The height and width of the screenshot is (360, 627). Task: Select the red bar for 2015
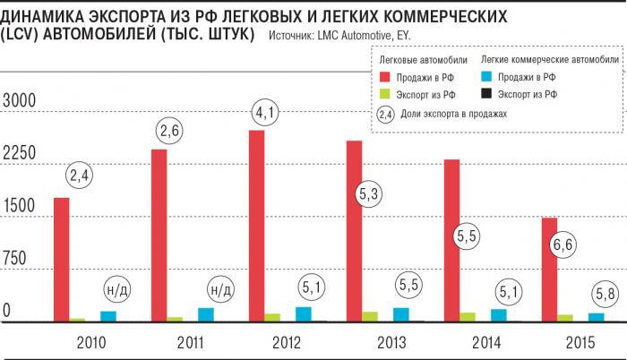tap(549, 270)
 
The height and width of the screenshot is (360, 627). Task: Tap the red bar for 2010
tap(61, 259)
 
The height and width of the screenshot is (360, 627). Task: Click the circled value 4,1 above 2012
tap(265, 115)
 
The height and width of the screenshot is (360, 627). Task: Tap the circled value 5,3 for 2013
tap(365, 193)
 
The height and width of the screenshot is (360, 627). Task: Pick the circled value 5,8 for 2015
tap(605, 292)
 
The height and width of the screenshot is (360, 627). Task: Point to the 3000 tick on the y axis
tap(19, 100)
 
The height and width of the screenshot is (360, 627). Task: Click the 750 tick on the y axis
tap(19, 259)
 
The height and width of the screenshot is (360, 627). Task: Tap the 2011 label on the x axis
tap(191, 343)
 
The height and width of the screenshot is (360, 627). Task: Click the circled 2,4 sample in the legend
tap(386, 115)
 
